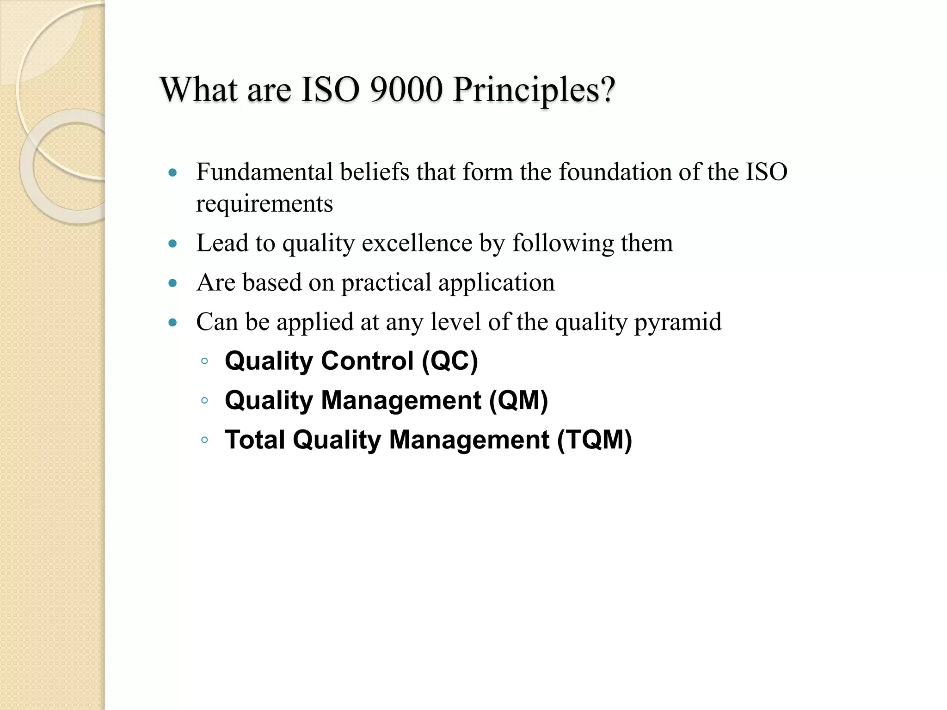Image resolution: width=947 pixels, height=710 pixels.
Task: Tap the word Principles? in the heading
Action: click(x=534, y=90)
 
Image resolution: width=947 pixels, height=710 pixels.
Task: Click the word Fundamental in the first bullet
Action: click(x=264, y=172)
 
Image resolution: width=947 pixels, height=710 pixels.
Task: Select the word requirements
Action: click(x=264, y=204)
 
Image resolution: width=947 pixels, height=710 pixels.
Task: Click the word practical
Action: click(x=386, y=283)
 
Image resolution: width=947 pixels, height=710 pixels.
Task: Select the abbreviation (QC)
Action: click(x=449, y=361)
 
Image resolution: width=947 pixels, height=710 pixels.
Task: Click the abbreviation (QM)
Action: click(x=518, y=400)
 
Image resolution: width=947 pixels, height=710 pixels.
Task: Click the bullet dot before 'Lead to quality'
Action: click(x=173, y=244)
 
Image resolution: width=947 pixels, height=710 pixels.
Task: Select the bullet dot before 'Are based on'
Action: click(x=173, y=283)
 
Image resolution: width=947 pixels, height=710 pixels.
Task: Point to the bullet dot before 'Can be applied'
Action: click(x=173, y=322)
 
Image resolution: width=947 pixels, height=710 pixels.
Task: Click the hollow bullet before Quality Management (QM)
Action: click(x=204, y=400)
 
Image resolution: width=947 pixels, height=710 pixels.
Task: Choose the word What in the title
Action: click(x=199, y=89)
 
